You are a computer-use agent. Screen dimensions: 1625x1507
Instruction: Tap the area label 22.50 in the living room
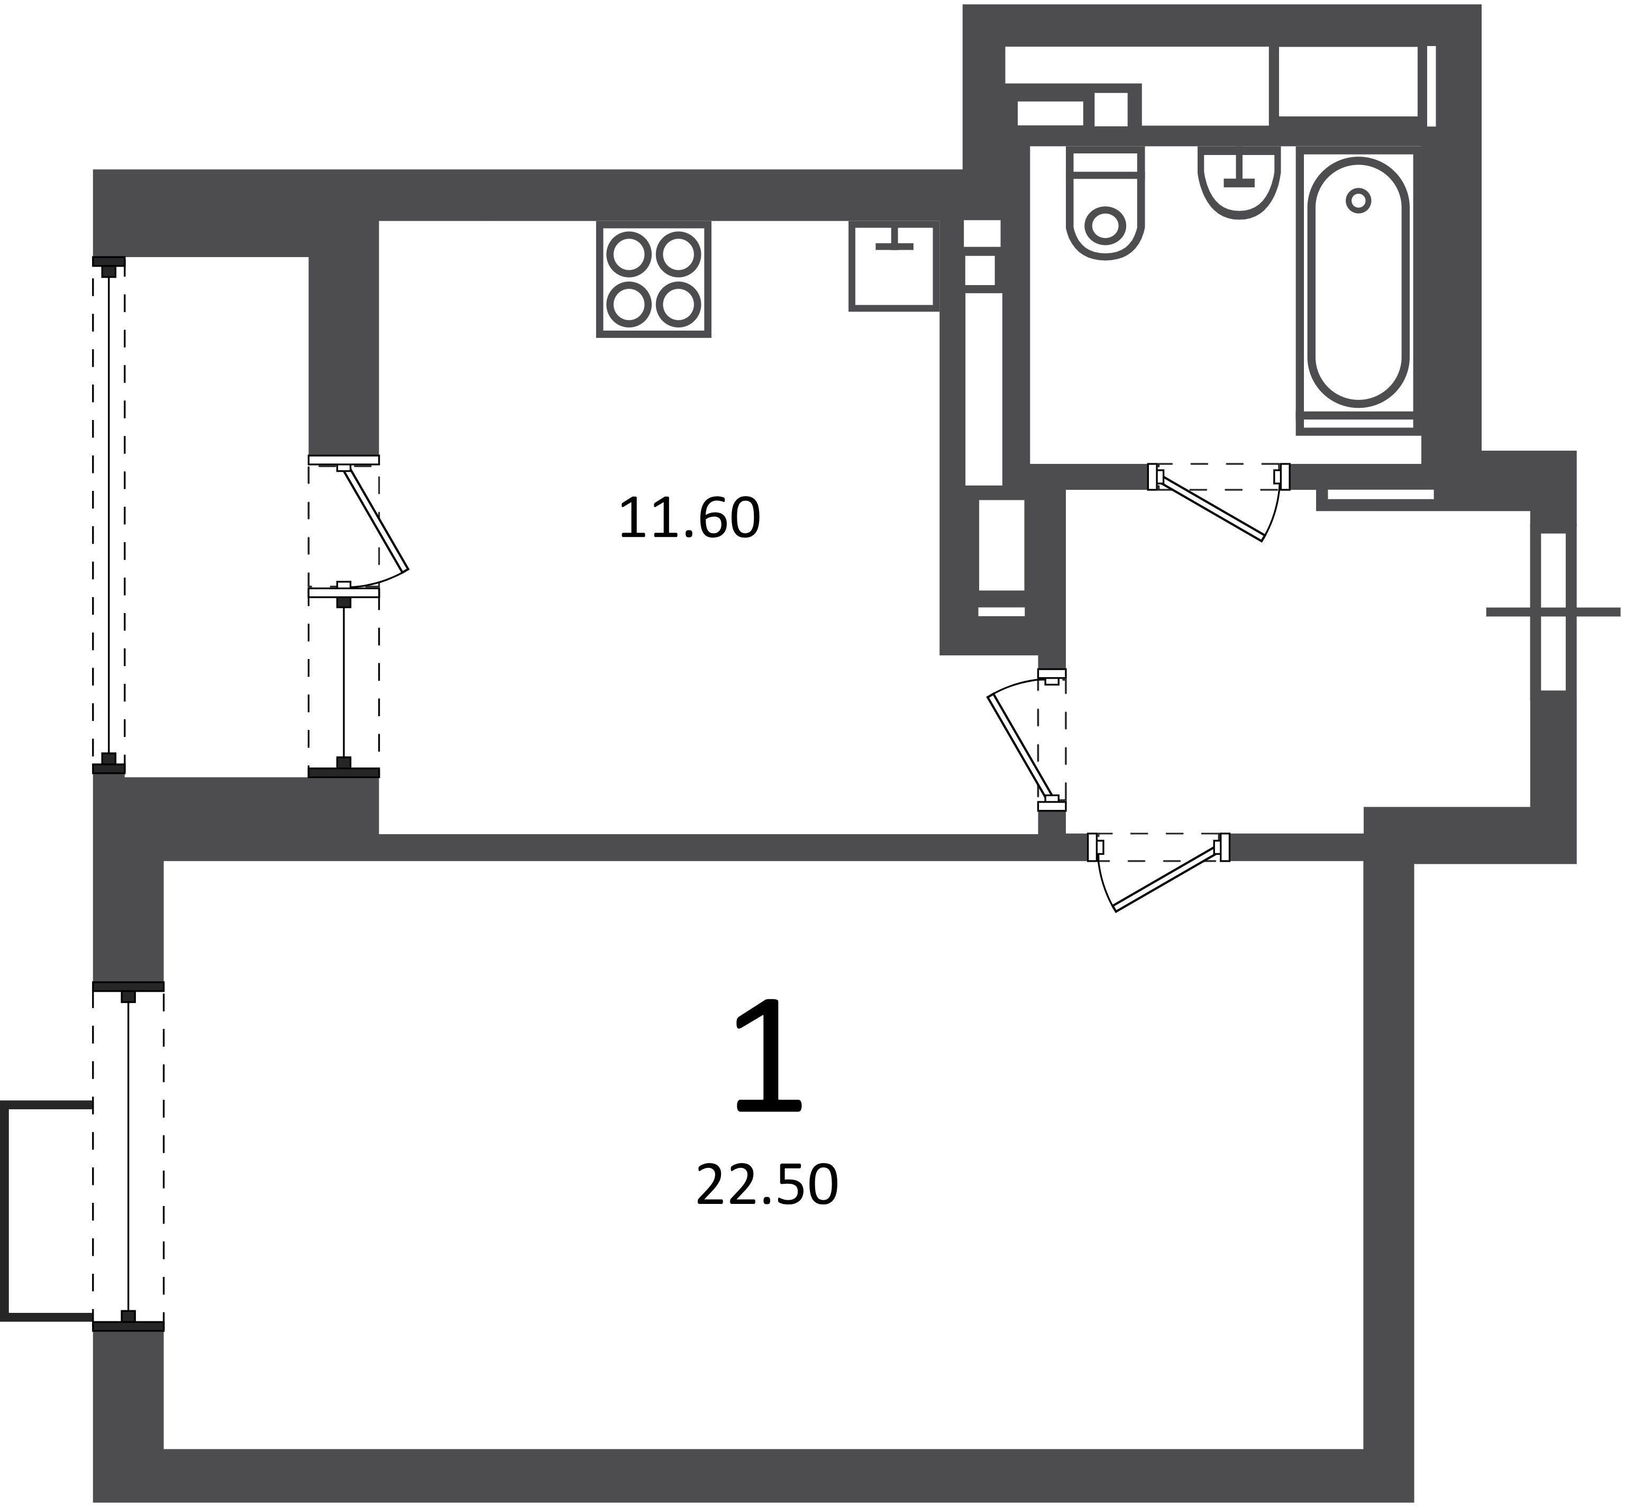click(x=766, y=1186)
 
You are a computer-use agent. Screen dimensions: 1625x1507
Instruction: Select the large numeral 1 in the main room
click(x=769, y=1055)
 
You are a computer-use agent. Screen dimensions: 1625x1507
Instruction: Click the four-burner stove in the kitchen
click(x=653, y=279)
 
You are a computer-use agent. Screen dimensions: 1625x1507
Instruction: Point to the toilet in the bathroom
click(x=1106, y=203)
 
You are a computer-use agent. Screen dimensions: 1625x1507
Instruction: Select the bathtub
click(x=1357, y=281)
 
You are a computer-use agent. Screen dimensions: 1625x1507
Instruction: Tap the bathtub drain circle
click(x=1357, y=200)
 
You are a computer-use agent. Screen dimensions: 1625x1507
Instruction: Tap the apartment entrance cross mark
click(x=1553, y=611)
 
